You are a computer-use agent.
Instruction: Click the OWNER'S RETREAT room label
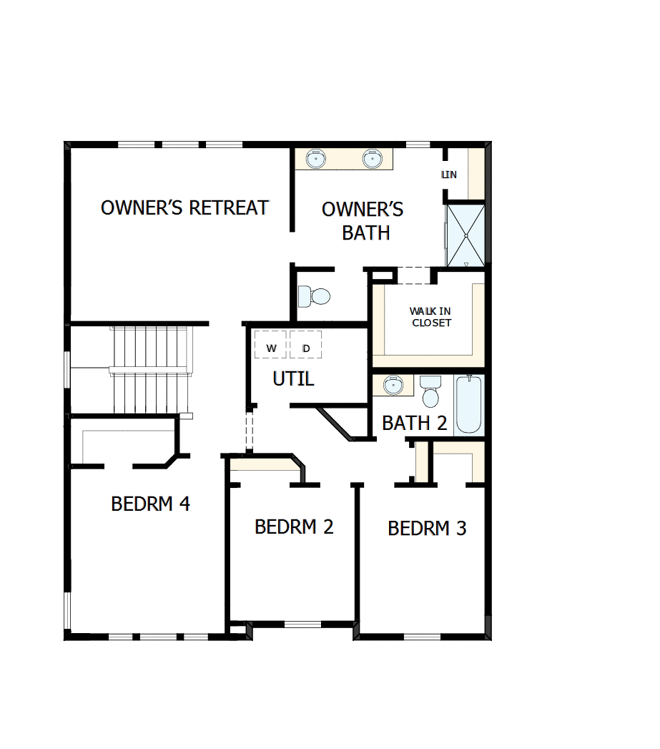pyautogui.click(x=184, y=207)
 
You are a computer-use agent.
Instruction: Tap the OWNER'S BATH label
pyautogui.click(x=363, y=220)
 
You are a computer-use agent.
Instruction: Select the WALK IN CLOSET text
pyautogui.click(x=430, y=317)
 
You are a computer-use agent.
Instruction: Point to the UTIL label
pyautogui.click(x=293, y=378)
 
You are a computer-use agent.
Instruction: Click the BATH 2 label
pyautogui.click(x=414, y=423)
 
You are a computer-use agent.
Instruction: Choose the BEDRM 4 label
pyautogui.click(x=150, y=504)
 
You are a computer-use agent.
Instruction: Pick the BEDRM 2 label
pyautogui.click(x=294, y=527)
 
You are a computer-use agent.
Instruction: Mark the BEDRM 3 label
pyautogui.click(x=427, y=529)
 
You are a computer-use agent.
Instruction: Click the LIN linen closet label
pyautogui.click(x=449, y=175)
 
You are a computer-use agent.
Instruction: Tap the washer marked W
pyautogui.click(x=271, y=348)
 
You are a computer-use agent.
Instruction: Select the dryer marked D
pyautogui.click(x=306, y=348)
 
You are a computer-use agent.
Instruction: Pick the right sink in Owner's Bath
pyautogui.click(x=373, y=158)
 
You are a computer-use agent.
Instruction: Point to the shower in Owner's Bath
pyautogui.click(x=466, y=235)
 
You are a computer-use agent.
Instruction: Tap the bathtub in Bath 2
pyautogui.click(x=468, y=405)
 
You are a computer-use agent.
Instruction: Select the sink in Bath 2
pyautogui.click(x=393, y=385)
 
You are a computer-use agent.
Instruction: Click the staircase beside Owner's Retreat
pyautogui.click(x=150, y=369)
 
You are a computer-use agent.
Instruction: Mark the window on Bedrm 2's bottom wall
pyautogui.click(x=302, y=624)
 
